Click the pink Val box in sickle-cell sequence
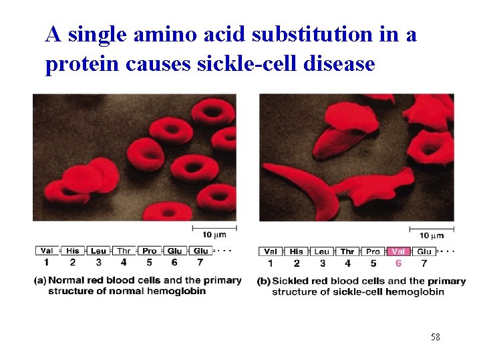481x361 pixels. pyautogui.click(x=398, y=251)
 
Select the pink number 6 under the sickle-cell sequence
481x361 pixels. pyautogui.click(x=398, y=263)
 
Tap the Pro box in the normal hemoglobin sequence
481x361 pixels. pyautogui.click(x=149, y=251)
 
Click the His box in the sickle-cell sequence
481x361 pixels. pyautogui.click(x=297, y=251)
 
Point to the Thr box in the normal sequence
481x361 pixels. pyautogui.click(x=124, y=251)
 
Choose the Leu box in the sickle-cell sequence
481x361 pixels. pyautogui.click(x=322, y=251)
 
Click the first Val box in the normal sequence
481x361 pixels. pyautogui.click(x=47, y=251)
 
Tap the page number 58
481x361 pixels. pyautogui.click(x=435, y=337)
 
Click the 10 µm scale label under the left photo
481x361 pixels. pyautogui.click(x=214, y=234)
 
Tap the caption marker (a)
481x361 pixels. pyautogui.click(x=40, y=280)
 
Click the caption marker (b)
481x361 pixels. pyautogui.click(x=264, y=281)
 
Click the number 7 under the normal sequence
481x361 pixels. pyautogui.click(x=200, y=262)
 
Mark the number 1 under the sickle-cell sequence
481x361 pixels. pyautogui.click(x=271, y=263)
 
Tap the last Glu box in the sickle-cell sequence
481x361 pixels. pyautogui.click(x=424, y=251)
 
